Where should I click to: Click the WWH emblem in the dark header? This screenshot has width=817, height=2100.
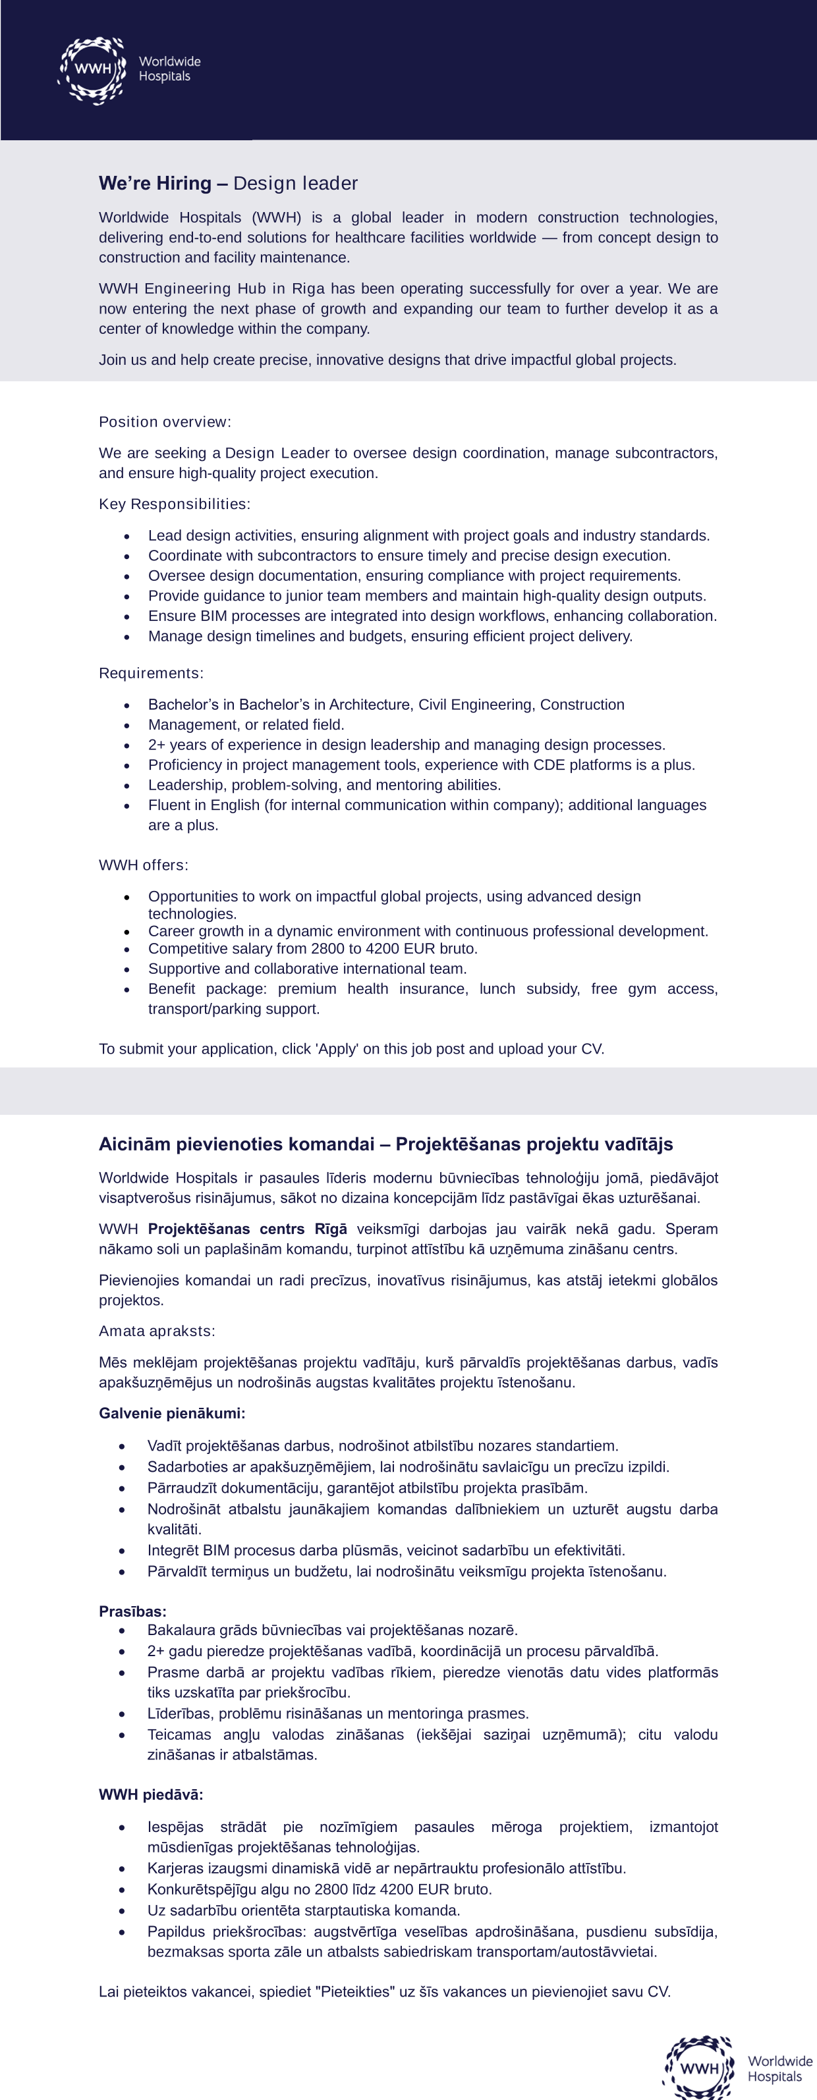[x=92, y=70]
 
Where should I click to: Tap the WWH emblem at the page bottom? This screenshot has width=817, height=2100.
[x=699, y=2069]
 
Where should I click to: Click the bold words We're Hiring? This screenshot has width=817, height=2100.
[x=155, y=184]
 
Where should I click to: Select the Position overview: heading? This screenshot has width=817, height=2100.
[x=165, y=422]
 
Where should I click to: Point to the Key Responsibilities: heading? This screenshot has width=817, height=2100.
[x=175, y=504]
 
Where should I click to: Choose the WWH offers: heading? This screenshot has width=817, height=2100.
[x=144, y=865]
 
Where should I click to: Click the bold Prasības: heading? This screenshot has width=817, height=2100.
[x=132, y=1611]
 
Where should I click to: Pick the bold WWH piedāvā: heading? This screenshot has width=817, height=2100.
[x=151, y=1795]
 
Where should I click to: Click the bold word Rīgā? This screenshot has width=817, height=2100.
[x=331, y=1229]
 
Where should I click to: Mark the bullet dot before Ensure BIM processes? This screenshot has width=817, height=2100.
[x=127, y=617]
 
